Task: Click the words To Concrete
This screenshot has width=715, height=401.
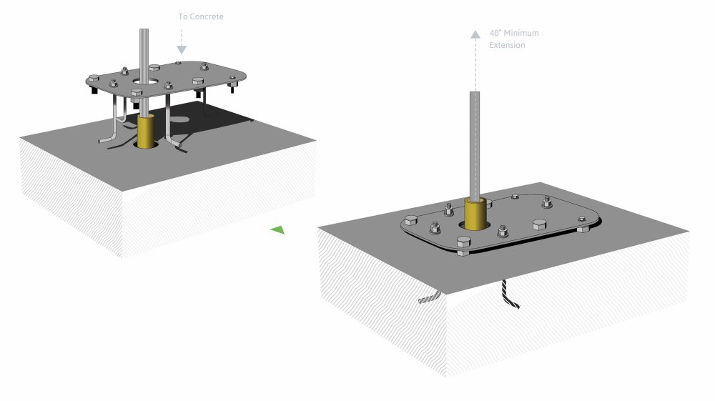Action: tap(201, 15)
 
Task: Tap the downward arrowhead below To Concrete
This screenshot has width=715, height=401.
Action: tap(182, 49)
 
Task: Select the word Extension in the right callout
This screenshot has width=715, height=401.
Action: tap(507, 45)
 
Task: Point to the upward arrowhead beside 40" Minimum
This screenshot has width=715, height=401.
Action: tap(474, 33)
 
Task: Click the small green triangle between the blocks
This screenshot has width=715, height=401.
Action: tap(277, 229)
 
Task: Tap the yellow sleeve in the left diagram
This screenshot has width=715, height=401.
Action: tap(147, 132)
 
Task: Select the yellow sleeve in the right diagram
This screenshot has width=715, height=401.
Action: tap(475, 213)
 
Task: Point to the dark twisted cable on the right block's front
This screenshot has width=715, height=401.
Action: tap(509, 294)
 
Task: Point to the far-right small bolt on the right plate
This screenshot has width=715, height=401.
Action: tap(580, 228)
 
